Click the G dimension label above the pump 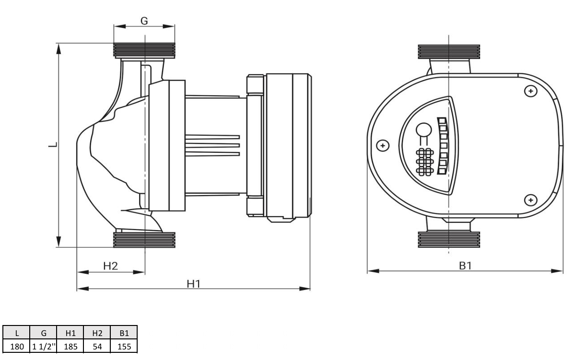coord(144,21)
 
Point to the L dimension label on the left coord(54,144)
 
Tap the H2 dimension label coord(110,266)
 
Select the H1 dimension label coord(194,283)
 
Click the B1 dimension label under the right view coord(465,266)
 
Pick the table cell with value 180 coord(16,347)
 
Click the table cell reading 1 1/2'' coord(44,347)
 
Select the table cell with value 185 coord(70,347)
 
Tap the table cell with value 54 coord(97,347)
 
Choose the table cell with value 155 coord(124,347)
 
